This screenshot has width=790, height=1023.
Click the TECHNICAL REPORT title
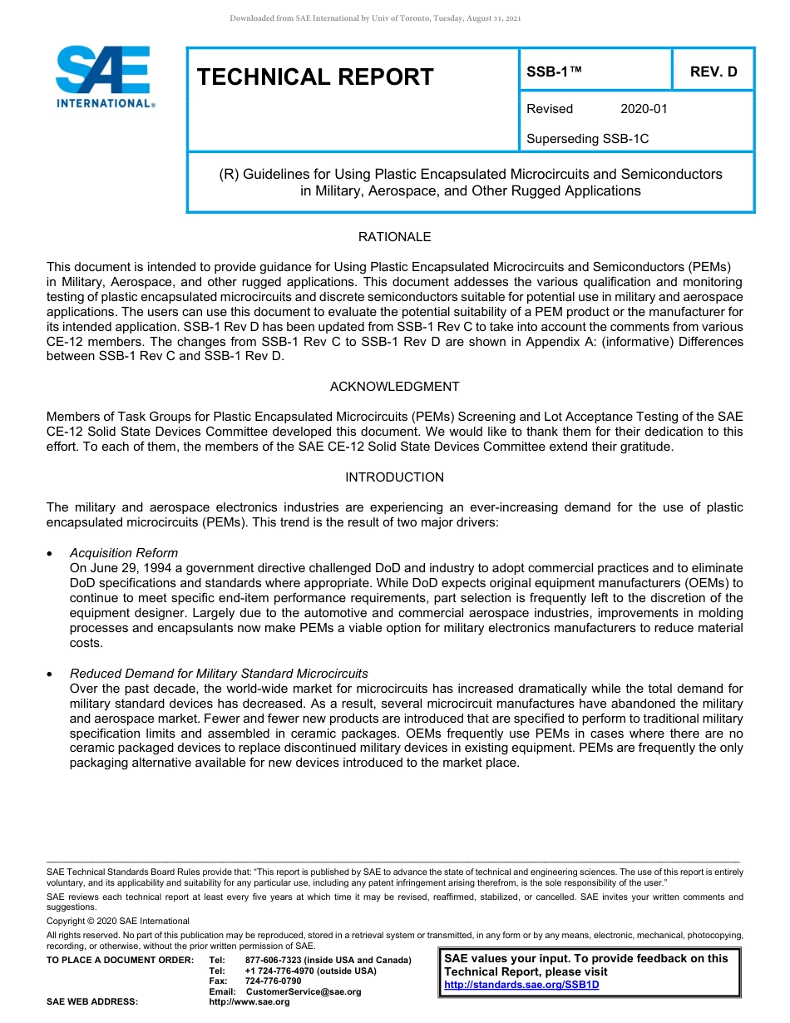315,77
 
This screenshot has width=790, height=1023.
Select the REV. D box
713,72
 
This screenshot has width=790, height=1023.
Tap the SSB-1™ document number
554,72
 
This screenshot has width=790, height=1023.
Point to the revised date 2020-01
644,109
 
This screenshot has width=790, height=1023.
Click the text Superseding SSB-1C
587,139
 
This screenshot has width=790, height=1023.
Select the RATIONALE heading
394,237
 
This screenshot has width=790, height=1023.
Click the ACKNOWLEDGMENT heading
394,387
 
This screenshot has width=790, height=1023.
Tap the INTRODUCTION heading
394,477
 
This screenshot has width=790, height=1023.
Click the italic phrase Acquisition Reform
123,553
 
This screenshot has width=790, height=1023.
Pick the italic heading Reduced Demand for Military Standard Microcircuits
219,674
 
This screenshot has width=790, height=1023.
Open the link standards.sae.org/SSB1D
521,985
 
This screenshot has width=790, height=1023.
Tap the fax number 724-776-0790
273,981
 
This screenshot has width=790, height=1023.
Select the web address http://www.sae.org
249,1002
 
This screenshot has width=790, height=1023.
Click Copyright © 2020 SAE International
118,921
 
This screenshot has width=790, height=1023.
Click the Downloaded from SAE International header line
375,18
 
